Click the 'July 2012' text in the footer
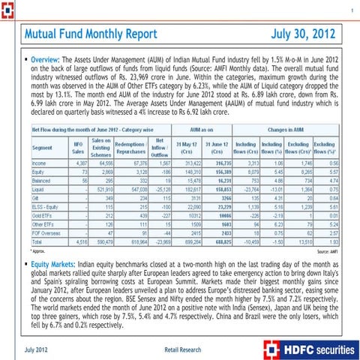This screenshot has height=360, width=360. click(x=37, y=349)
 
